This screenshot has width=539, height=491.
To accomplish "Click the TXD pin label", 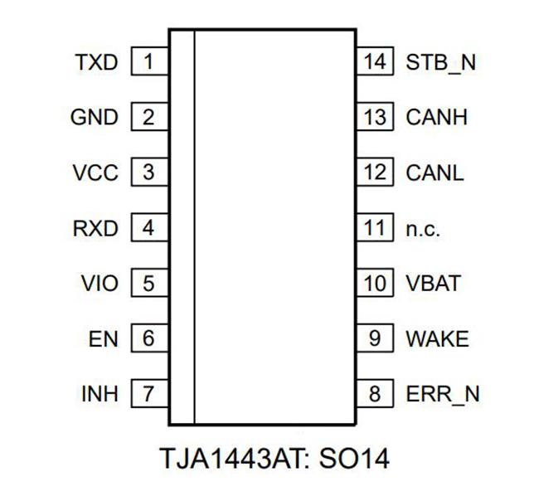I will coord(96,62).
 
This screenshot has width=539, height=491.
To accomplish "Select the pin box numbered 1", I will coord(148,62).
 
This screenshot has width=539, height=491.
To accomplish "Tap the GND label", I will coord(95,118).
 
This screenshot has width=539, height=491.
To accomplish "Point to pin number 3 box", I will coord(148,173).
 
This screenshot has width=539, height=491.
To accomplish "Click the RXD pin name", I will coord(95,228).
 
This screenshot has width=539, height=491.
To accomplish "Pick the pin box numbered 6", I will coord(148,339).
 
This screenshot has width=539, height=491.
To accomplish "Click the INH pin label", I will coord(100,394).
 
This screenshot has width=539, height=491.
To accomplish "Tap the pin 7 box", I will coord(148,394).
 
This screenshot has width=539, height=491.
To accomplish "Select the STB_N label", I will coord(441,62).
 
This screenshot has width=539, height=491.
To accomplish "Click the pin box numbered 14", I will coord(375,62).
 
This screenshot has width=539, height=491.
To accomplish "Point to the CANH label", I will coord(437,118).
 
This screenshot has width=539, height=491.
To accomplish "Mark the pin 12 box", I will coord(375,173).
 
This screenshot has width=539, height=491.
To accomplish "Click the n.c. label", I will coord(423,229).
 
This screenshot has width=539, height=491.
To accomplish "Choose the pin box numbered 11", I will coord(375,228).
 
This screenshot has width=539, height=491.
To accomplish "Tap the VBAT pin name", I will coord(433,284).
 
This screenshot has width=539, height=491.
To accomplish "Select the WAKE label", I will coord(437,339).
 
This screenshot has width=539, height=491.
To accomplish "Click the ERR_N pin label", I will coord(443,395).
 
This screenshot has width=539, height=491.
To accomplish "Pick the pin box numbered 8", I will coord(375,394).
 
